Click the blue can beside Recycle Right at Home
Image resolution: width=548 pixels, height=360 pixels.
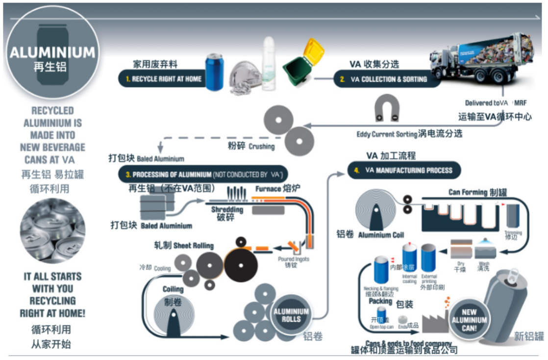pos(214,73)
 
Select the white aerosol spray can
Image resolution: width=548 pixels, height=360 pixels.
pos(268,61)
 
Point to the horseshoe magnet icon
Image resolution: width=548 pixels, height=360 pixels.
pos(386,108)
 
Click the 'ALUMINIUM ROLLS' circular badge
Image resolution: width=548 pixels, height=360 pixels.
pos(291,315)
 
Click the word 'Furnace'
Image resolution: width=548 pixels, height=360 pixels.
pos(268,189)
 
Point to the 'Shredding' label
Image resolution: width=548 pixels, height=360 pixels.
pos(227,209)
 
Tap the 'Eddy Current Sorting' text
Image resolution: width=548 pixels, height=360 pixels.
pos(387,134)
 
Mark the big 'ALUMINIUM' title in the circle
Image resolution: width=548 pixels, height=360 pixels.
pos(52,52)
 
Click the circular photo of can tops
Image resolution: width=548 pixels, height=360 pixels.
pos(52,231)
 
